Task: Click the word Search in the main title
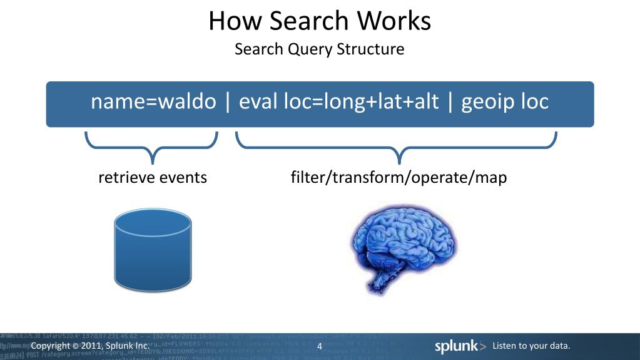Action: (305, 21)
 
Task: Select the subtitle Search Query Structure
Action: (320, 49)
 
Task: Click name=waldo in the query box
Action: (153, 101)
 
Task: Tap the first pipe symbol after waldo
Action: (226, 101)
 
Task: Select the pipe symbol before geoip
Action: (449, 101)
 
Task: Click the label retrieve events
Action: (153, 178)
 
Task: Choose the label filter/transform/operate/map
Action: (399, 178)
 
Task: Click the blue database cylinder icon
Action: (153, 250)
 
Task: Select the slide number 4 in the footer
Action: (320, 347)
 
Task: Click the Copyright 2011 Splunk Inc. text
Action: (90, 346)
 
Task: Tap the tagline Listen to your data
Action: (532, 346)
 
